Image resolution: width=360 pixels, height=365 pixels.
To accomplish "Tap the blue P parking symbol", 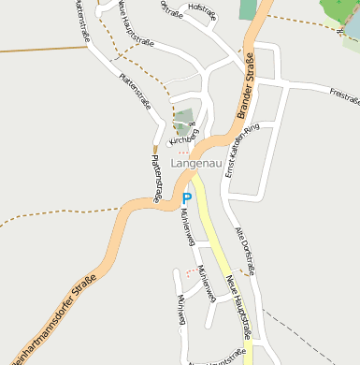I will [x=186, y=197].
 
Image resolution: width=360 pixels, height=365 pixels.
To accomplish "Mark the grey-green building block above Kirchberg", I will [x=184, y=119].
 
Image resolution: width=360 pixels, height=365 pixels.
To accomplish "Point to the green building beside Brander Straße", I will [x=248, y=9].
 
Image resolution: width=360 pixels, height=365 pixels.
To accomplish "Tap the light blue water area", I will [x=351, y=37].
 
